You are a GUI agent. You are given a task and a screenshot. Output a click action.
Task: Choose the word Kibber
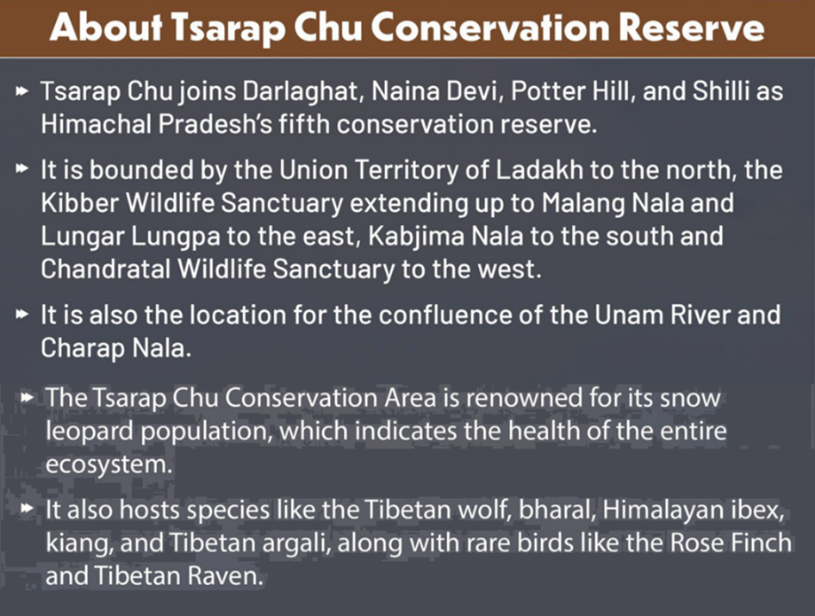point(80,202)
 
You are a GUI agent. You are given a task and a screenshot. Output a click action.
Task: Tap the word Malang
point(583,204)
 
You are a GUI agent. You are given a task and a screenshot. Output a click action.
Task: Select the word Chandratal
point(105,270)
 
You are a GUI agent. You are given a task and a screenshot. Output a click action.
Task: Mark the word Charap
point(83,349)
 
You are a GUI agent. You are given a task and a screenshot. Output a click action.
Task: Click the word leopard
point(90,432)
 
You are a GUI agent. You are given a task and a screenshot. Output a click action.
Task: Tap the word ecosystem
point(109,464)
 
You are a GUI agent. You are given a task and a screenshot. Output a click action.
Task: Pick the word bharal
point(557,509)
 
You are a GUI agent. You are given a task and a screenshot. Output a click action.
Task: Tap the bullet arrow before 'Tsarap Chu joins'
point(22,92)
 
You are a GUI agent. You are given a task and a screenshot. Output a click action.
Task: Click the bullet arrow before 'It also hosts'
point(27,507)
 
